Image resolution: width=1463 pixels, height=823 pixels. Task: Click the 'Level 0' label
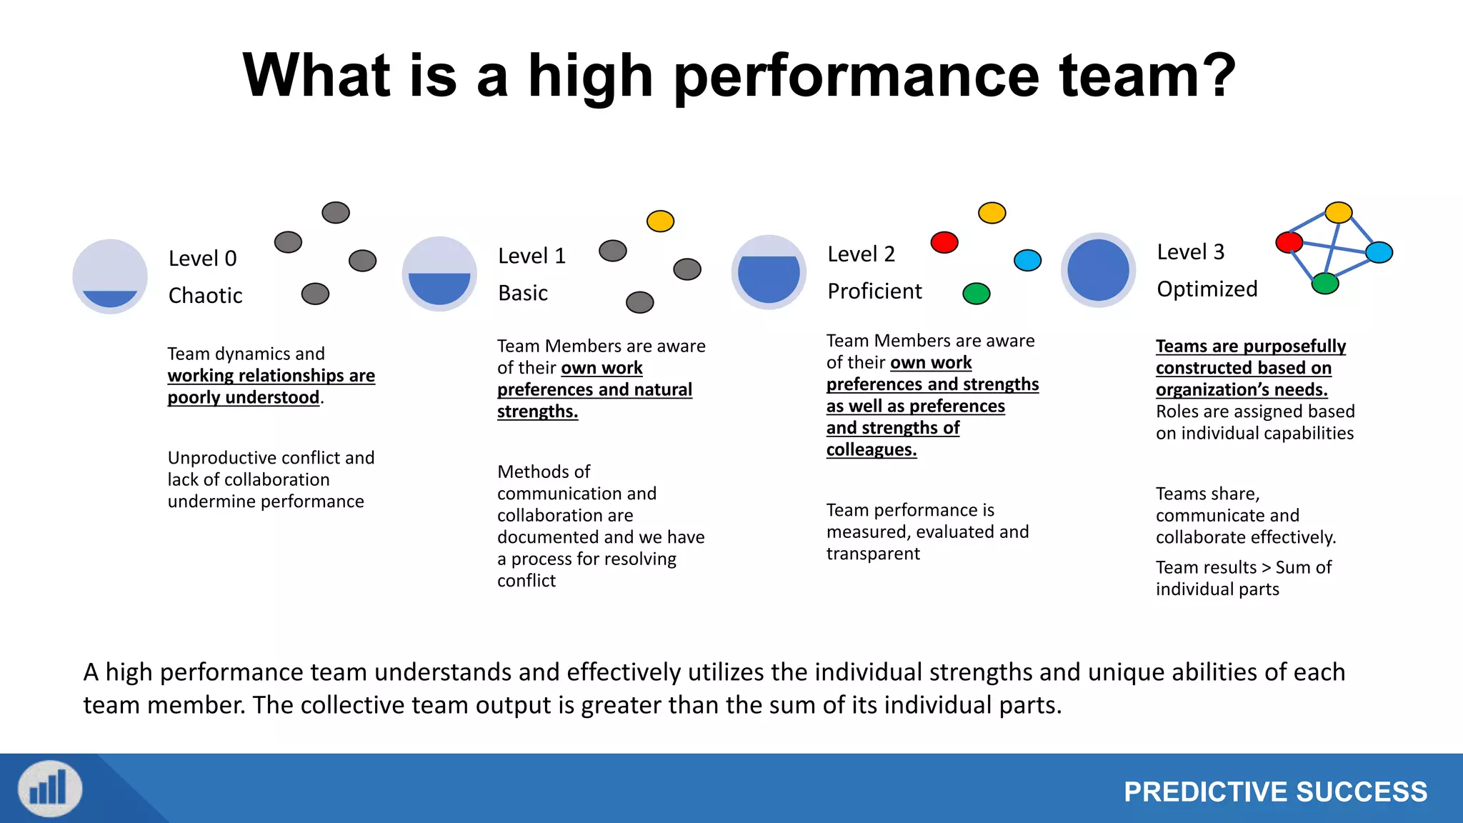(202, 259)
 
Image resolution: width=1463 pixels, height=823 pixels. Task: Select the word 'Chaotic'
(205, 296)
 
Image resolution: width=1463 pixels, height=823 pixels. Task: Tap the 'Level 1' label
(531, 256)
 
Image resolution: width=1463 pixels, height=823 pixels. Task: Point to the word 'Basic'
(523, 293)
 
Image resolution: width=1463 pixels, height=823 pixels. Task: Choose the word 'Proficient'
(874, 291)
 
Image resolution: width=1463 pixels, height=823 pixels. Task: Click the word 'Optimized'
(1207, 289)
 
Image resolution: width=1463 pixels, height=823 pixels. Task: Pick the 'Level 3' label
(1190, 252)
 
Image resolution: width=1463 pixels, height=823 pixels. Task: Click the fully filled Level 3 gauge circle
(1098, 270)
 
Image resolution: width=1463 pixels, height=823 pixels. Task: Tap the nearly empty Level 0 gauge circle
(110, 276)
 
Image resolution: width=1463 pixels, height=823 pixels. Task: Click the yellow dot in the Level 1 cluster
(660, 221)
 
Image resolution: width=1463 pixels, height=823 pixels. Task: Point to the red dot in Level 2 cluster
(944, 242)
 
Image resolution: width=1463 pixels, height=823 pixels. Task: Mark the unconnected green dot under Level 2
(976, 293)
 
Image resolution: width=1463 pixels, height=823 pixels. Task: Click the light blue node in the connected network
(1379, 252)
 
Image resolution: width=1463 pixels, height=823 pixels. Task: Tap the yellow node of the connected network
(1338, 212)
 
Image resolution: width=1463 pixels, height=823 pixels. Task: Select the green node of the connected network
(1325, 284)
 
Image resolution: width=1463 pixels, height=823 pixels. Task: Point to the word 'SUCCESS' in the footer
(1362, 792)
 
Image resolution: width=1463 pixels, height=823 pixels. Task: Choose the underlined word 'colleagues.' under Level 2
(872, 449)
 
